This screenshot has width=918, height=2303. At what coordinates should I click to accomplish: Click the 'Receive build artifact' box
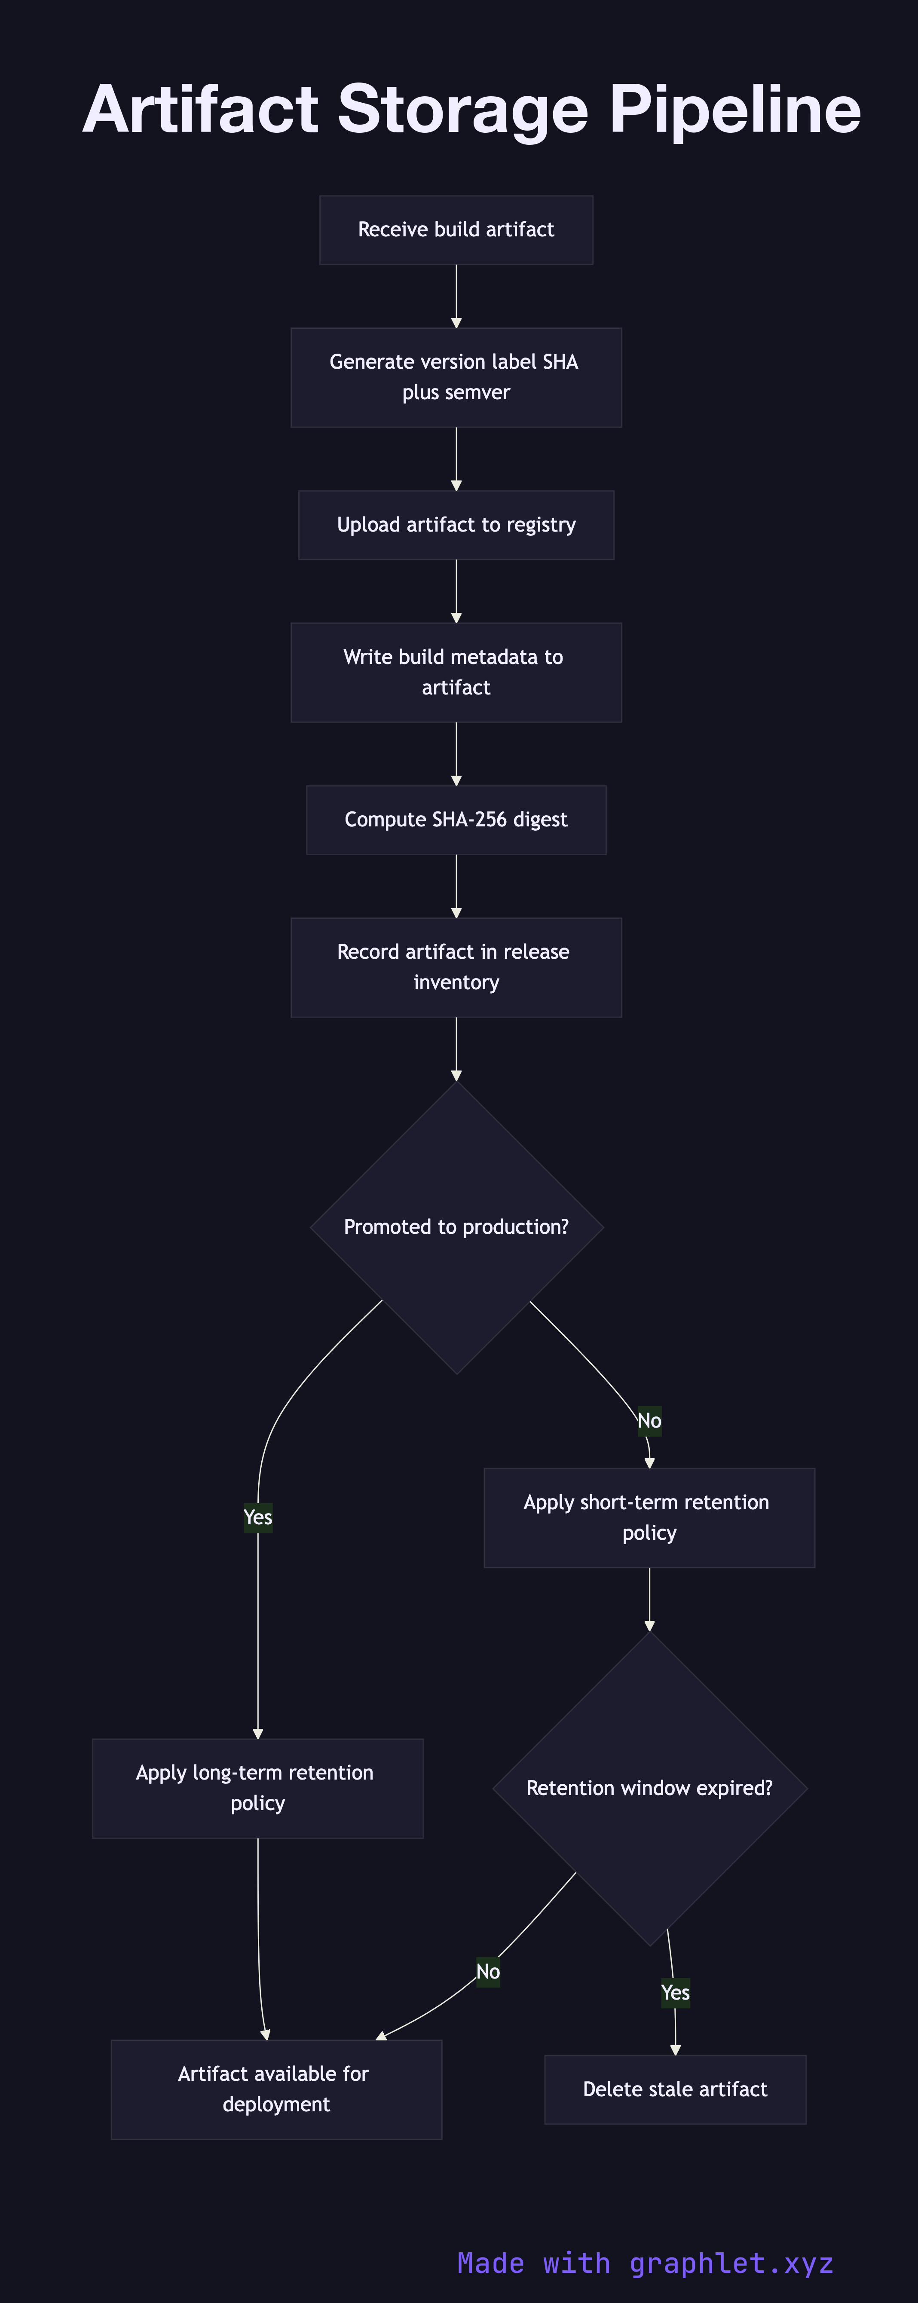(456, 230)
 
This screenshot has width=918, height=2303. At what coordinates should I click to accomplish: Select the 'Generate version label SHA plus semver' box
(456, 377)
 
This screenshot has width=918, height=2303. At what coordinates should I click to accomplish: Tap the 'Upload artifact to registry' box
(456, 525)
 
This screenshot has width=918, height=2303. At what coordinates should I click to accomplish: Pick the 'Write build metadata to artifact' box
(456, 672)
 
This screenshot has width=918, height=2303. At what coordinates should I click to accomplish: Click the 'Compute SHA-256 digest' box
(456, 820)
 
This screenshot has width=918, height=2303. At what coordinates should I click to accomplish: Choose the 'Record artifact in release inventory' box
(456, 967)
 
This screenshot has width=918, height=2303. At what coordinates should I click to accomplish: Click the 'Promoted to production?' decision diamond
(456, 1227)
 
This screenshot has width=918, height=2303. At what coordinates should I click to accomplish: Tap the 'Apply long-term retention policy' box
(257, 1788)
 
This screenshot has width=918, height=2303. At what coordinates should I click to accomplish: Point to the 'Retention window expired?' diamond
(649, 1788)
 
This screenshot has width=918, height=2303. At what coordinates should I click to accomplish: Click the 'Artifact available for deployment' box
(276, 2089)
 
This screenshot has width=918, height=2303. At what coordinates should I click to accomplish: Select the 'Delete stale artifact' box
(675, 2089)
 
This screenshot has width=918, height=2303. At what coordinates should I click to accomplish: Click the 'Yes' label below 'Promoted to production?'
(257, 1517)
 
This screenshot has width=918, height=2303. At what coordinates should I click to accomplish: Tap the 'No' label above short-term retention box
(649, 1421)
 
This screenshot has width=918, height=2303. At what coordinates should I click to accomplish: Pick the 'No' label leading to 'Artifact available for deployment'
(488, 1971)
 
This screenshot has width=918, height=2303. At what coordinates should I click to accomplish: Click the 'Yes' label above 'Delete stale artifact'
(675, 1993)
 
